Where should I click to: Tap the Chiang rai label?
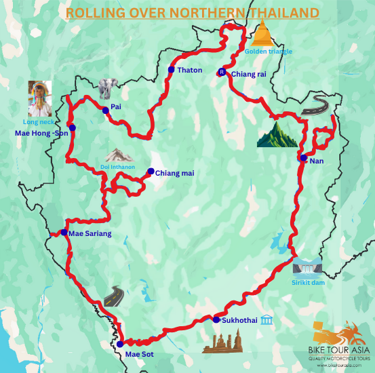point(249,74)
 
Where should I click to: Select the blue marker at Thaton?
point(172,70)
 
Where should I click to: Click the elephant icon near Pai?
point(107,88)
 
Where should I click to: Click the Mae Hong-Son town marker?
point(73,127)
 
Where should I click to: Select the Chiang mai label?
point(174,174)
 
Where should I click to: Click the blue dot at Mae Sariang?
point(64,233)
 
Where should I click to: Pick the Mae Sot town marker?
point(120,344)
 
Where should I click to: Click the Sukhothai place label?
point(239,320)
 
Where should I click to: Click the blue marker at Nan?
point(304,158)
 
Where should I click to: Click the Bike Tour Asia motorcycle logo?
point(334,333)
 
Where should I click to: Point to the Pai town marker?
point(106,110)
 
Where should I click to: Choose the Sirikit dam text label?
point(308,282)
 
